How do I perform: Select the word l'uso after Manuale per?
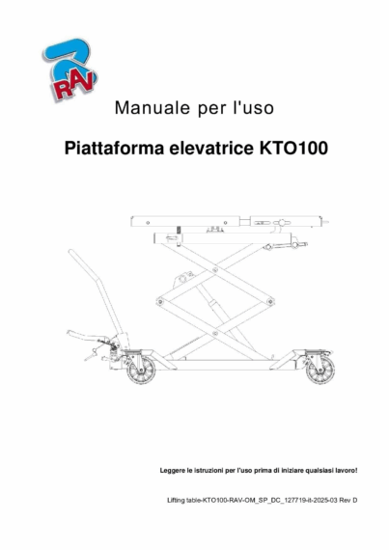(x=252, y=108)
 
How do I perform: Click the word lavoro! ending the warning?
(x=344, y=471)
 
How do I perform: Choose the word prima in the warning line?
(x=254, y=471)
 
